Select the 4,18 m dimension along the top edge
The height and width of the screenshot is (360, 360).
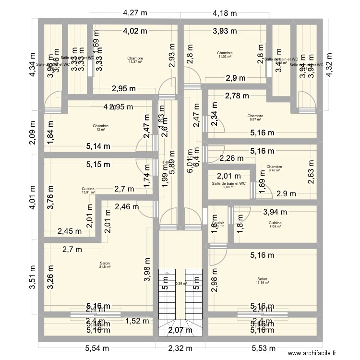coord(225,13)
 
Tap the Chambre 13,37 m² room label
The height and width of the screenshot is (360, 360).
coord(135,60)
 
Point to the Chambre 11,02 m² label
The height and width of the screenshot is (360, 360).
coord(225,55)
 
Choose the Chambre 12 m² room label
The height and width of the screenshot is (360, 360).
coord(101,128)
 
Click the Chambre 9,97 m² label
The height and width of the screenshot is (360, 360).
coord(255,118)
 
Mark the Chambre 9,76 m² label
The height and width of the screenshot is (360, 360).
coord(275,168)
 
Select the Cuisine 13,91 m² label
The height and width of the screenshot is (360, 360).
coord(88,191)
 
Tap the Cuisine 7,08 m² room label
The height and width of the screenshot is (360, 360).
coord(275,225)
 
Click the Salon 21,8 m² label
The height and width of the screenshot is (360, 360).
coord(105,264)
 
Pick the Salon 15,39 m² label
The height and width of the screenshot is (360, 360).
coord(262,281)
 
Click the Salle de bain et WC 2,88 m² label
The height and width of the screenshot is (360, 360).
coord(228,185)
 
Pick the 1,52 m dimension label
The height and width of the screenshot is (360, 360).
coord(138,322)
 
